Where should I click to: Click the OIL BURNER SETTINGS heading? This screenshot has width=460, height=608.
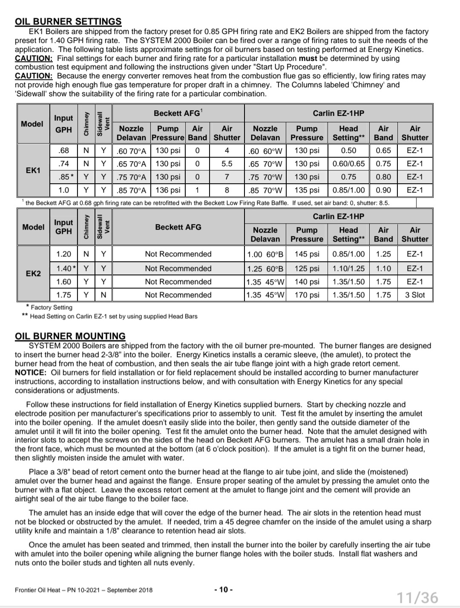pyautogui.click(x=68, y=21)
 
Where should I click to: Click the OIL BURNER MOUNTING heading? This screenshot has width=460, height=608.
pyautogui.click(x=70, y=336)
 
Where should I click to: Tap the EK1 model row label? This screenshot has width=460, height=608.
pyautogui.click(x=33, y=170)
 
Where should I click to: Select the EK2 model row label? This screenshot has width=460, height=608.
pyautogui.click(x=33, y=274)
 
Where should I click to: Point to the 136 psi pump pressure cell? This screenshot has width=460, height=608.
pyautogui.click(x=168, y=190)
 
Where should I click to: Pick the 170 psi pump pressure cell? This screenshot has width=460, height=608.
pyautogui.click(x=307, y=295)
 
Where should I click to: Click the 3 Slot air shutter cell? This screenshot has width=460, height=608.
pyautogui.click(x=414, y=295)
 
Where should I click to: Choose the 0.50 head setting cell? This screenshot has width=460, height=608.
pyautogui.click(x=348, y=150)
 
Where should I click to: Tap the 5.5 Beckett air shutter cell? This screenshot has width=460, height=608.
pyautogui.click(x=227, y=164)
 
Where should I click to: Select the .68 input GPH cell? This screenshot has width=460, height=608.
pyautogui.click(x=63, y=150)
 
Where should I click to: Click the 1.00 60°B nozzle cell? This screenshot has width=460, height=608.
pyautogui.click(x=265, y=254)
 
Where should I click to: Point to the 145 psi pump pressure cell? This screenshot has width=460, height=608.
pyautogui.click(x=307, y=254)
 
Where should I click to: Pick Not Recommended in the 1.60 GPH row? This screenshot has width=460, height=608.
pyautogui.click(x=178, y=282)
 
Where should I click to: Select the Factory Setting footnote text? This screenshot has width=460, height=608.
pyautogui.click(x=52, y=307)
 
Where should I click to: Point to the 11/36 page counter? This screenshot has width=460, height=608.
pyautogui.click(x=417, y=597)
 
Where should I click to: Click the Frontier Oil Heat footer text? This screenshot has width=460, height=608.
pyautogui.click(x=83, y=590)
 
